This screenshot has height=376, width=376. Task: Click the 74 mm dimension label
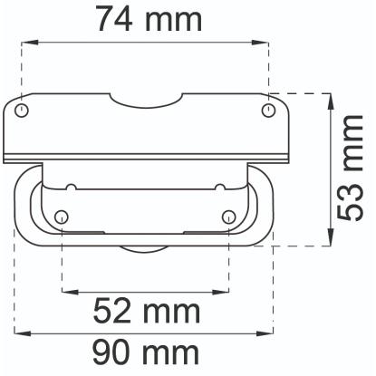pyautogui.click(x=149, y=19)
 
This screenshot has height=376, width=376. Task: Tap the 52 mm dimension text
pyautogui.click(x=147, y=311)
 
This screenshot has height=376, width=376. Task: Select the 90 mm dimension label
pyautogui.click(x=146, y=352)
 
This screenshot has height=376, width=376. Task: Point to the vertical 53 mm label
pyautogui.click(x=350, y=168)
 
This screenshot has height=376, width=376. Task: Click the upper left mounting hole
pyautogui.click(x=22, y=110)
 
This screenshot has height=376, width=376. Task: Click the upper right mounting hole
pyautogui.click(x=268, y=110)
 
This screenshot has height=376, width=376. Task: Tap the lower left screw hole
pyautogui.click(x=62, y=217)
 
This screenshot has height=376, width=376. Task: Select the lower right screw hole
pyautogui.click(x=228, y=217)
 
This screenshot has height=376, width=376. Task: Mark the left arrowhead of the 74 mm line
pyautogui.click(x=30, y=43)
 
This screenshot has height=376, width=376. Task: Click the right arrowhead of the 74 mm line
pyautogui.click(x=260, y=43)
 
